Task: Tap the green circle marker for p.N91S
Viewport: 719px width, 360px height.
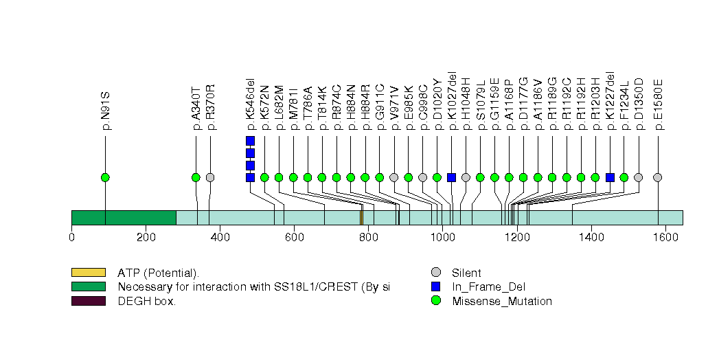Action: point(105,177)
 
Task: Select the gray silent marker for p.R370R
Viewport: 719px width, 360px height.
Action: point(210,177)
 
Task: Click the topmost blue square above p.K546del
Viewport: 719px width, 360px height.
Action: point(250,141)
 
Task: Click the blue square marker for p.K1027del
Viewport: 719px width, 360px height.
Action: point(451,177)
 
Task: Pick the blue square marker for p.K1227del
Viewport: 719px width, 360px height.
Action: point(610,177)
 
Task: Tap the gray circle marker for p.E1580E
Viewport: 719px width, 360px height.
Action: point(658,177)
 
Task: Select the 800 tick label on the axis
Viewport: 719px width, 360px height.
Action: point(368,238)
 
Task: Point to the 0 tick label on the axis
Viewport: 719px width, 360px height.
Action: point(71,238)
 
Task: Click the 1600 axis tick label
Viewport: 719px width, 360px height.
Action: point(665,238)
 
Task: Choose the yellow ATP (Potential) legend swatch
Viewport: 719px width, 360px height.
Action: point(88,273)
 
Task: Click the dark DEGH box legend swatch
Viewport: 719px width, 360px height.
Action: point(88,301)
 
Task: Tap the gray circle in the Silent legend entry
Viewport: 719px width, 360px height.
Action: point(435,273)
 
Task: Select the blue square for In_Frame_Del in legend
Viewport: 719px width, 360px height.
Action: point(435,286)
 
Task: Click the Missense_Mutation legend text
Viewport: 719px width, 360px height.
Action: point(501,301)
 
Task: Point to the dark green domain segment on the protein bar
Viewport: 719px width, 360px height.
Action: point(124,218)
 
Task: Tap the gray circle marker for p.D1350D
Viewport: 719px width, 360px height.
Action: point(639,177)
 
